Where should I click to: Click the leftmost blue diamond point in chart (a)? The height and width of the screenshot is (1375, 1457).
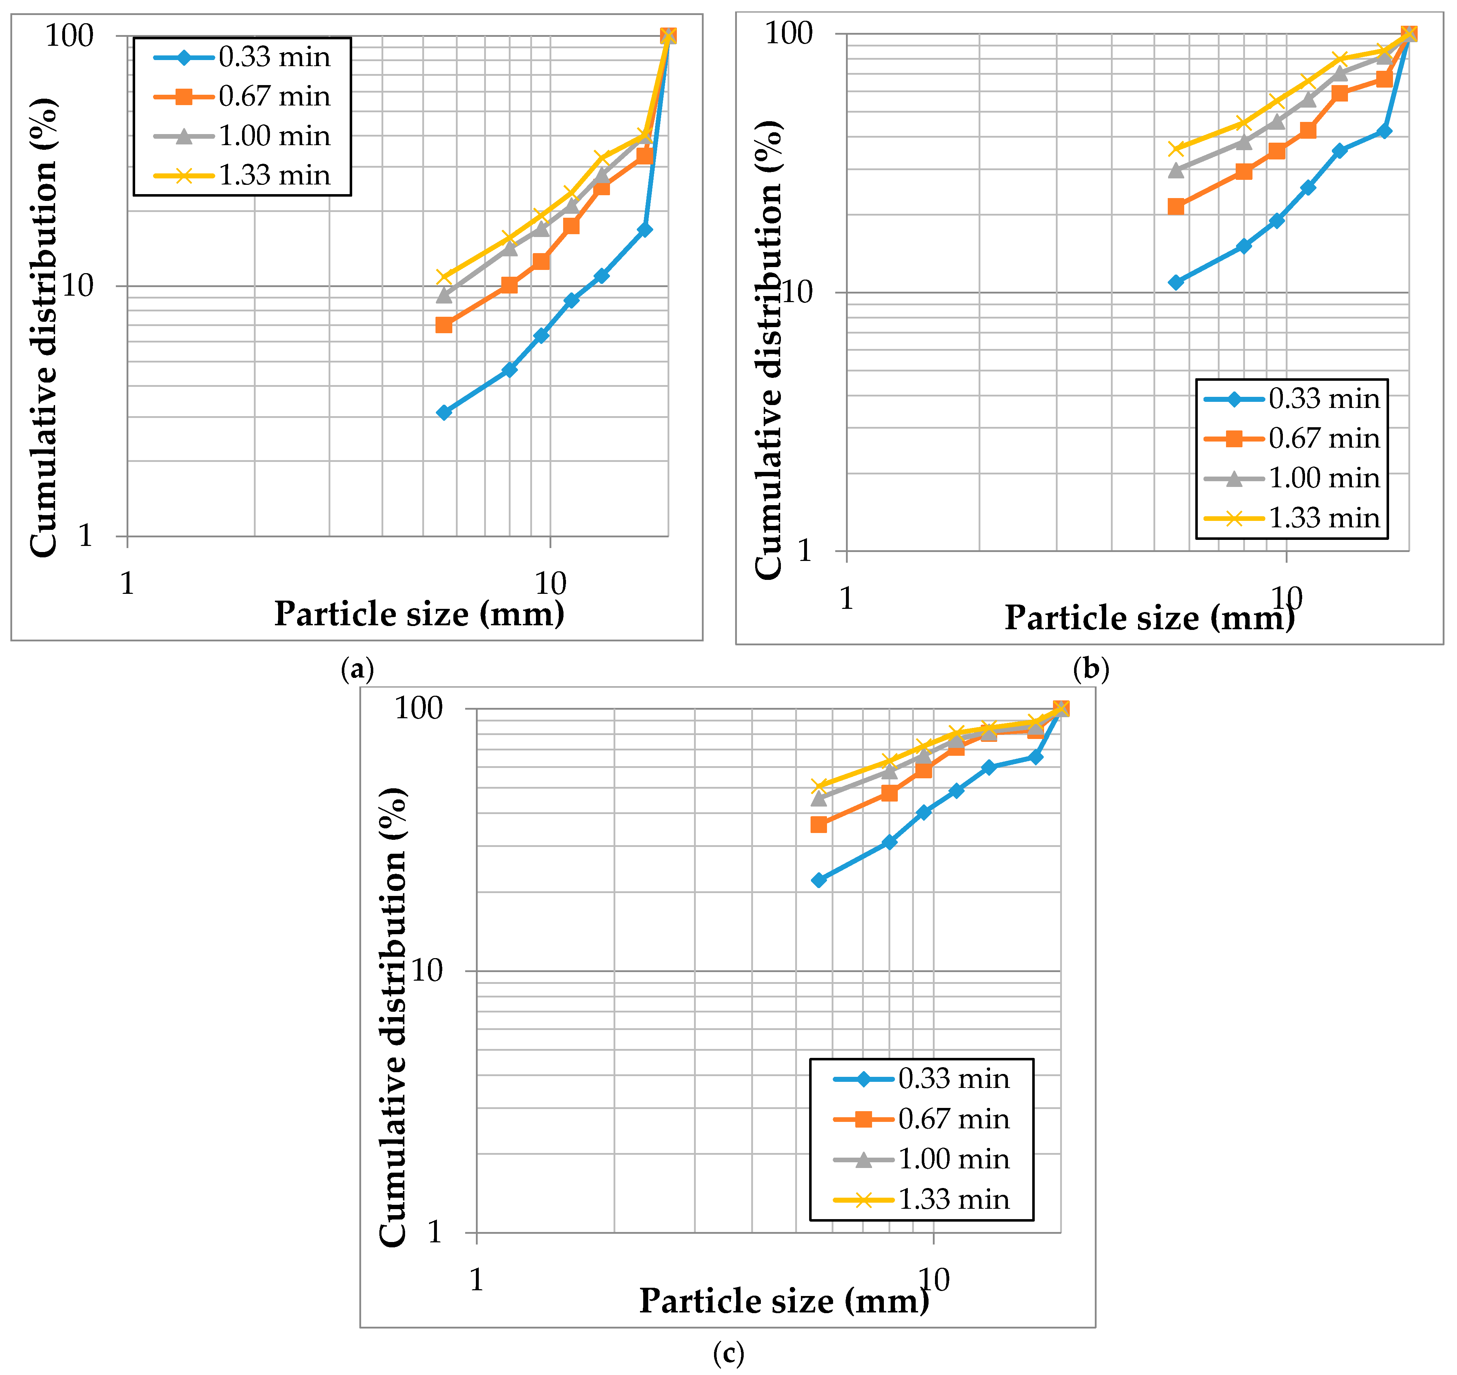tap(443, 413)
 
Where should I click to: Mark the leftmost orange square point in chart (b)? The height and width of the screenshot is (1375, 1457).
tap(1176, 207)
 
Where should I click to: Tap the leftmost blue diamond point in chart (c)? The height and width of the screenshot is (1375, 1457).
tap(819, 880)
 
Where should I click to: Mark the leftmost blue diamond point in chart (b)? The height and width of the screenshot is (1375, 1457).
tap(1176, 282)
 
